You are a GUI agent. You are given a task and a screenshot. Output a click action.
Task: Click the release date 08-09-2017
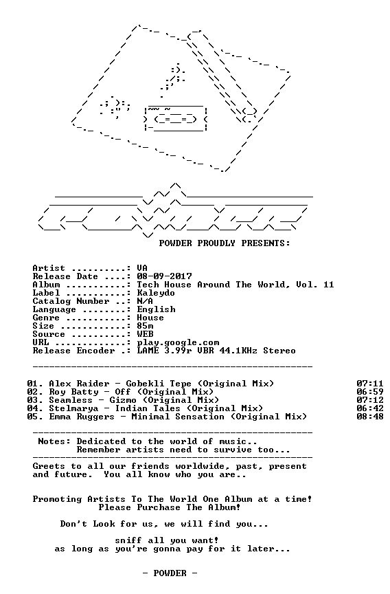(164, 276)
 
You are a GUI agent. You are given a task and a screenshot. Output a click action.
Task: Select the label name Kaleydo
(156, 293)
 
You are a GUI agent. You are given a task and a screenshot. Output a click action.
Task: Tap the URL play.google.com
(178, 343)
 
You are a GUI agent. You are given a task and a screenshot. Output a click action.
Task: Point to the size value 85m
(145, 326)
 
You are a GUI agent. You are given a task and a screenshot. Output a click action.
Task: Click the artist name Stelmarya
(73, 408)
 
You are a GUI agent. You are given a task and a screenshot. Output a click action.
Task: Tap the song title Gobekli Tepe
(159, 384)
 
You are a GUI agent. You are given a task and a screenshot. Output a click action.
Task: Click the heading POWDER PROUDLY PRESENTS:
(225, 243)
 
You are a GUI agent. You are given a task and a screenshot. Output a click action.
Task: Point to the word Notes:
(54, 441)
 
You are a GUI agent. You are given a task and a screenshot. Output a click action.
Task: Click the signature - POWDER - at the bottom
(170, 573)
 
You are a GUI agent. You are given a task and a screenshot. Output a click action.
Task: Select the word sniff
(128, 540)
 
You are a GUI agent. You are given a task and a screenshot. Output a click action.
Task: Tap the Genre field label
(46, 318)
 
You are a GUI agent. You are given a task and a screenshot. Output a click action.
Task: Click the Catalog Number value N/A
(145, 301)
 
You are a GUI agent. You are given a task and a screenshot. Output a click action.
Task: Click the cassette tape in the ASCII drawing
(176, 118)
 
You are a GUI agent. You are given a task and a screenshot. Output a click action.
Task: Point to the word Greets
(49, 466)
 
